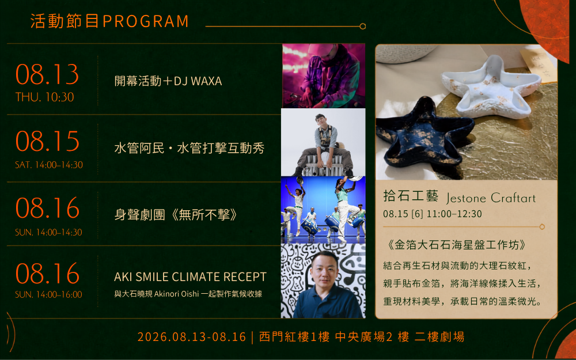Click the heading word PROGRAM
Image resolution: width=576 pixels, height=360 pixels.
(146, 21)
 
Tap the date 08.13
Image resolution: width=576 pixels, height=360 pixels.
(47, 74)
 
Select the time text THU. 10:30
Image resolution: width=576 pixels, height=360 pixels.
(44, 97)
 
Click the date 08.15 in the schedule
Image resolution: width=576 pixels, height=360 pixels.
(47, 142)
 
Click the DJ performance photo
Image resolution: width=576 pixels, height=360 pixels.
(324, 75)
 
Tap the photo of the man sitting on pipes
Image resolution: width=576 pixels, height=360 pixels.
(323, 142)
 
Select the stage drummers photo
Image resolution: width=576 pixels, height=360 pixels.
(323, 210)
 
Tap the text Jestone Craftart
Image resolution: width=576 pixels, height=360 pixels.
(491, 198)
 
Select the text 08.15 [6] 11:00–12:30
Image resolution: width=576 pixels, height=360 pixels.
(433, 214)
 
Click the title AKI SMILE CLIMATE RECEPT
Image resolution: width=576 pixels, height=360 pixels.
(190, 276)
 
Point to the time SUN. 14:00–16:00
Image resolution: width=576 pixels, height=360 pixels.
(48, 294)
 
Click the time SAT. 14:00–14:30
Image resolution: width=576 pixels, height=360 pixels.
(49, 165)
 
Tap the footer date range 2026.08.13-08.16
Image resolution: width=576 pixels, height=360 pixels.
(192, 337)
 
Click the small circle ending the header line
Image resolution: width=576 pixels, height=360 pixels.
(362, 26)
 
